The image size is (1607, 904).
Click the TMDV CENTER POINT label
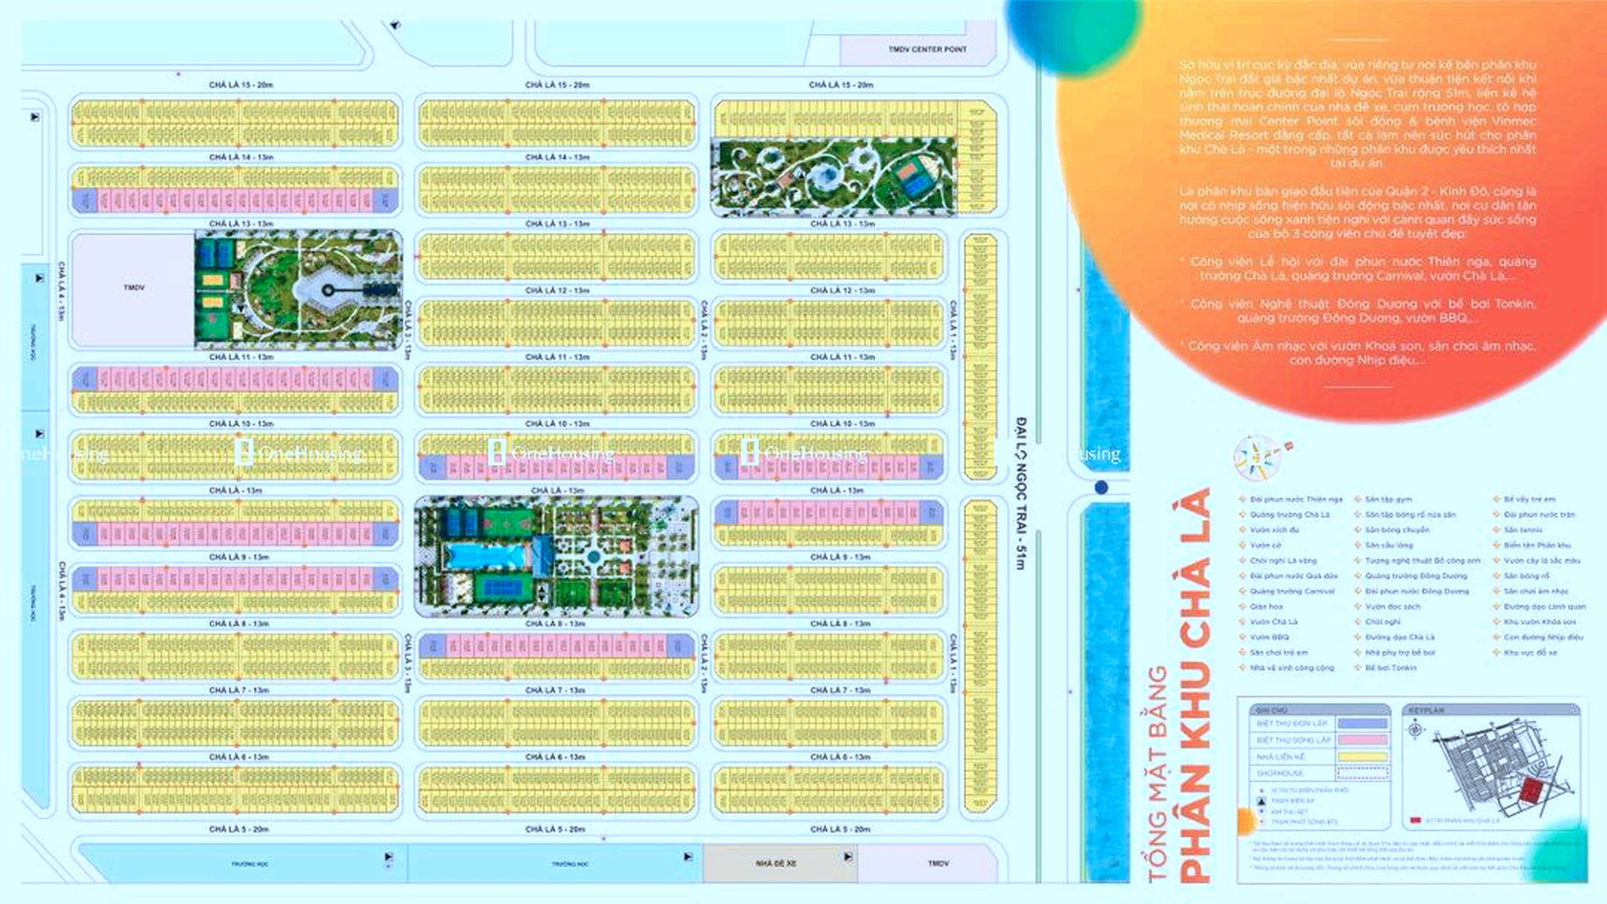pos(927,49)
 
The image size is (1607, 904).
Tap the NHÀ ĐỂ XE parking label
pos(775,863)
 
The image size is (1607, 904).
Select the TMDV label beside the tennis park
pos(134,288)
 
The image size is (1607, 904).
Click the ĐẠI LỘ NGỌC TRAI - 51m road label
pos(1021,493)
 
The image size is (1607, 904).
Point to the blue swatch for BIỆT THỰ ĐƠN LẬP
pos(1362,723)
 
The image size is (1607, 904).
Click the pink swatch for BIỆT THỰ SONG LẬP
pos(1362,740)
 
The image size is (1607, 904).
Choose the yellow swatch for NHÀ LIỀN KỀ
pos(1362,757)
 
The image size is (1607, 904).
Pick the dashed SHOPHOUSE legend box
pos(1362,774)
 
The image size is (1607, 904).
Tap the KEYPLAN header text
pos(1426,710)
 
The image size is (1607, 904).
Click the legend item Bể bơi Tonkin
pos(1390,668)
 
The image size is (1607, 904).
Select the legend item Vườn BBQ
pos(1269,637)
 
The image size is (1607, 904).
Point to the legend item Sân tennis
pos(1523,530)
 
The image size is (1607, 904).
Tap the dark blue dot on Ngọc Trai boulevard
pos(1101,488)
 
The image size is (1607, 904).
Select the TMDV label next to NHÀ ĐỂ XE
pos(938,863)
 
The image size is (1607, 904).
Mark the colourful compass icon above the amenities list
pos(1257,457)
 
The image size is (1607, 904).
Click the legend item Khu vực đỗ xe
pos(1530,652)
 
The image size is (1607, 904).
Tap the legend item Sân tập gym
pos(1389,499)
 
